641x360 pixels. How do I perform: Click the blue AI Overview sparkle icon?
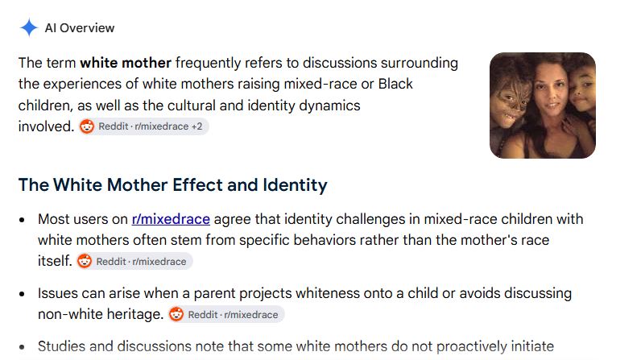[x=29, y=28]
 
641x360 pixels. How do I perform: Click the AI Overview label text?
[x=80, y=28]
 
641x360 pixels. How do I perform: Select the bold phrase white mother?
[x=126, y=63]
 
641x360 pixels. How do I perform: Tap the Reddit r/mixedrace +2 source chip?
[x=143, y=126]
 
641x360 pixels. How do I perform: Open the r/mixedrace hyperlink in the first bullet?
[x=171, y=219]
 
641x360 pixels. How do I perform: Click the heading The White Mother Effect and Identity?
[x=173, y=184]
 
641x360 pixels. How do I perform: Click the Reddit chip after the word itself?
[x=134, y=261]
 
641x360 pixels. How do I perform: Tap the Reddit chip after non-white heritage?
[x=226, y=314]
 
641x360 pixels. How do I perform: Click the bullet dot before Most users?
[x=22, y=220]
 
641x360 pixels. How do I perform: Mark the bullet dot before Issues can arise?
[x=22, y=294]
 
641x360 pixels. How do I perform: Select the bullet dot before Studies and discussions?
[x=22, y=347]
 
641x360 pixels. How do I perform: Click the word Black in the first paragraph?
[x=395, y=84]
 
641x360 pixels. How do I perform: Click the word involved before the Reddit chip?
[x=46, y=126]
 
